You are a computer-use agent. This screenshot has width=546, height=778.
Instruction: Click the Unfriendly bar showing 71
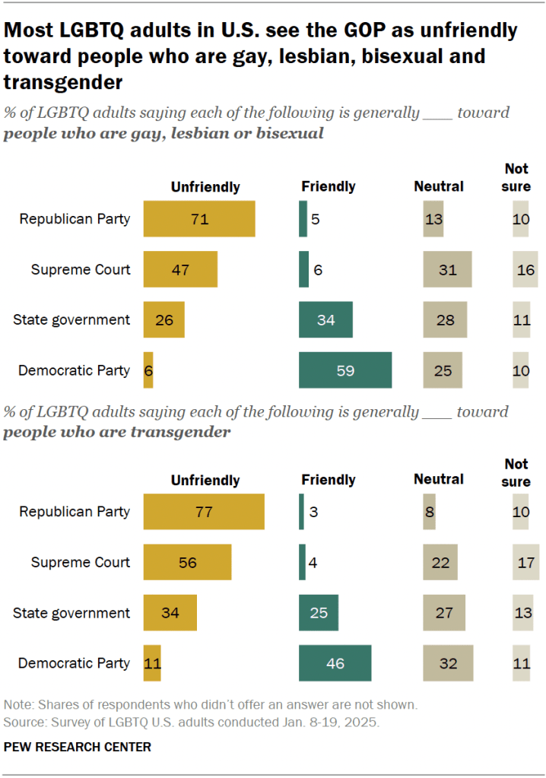(198, 219)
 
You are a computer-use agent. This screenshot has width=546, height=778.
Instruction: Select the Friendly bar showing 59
(345, 370)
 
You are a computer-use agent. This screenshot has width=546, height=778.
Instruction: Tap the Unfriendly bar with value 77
(203, 512)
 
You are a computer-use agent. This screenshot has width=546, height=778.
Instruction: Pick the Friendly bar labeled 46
(335, 663)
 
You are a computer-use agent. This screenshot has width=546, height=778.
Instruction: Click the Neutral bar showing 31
(447, 269)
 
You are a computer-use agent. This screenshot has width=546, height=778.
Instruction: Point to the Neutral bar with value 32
(448, 663)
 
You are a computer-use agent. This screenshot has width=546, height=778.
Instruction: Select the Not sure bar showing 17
(525, 563)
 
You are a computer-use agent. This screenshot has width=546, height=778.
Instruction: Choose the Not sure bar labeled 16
(525, 269)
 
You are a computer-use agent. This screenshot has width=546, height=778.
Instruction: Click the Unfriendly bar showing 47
(180, 269)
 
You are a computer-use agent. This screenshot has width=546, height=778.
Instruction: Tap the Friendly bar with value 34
(325, 319)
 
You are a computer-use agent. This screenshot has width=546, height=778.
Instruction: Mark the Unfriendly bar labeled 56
(187, 563)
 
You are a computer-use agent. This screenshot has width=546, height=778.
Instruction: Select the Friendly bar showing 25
(319, 613)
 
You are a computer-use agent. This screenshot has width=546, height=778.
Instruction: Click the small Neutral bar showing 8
(429, 512)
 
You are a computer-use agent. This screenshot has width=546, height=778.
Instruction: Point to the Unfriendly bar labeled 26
(163, 319)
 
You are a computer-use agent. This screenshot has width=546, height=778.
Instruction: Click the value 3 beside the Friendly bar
(313, 512)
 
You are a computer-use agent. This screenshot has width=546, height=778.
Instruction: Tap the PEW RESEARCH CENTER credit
(78, 747)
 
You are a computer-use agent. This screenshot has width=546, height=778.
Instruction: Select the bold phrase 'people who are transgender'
(117, 432)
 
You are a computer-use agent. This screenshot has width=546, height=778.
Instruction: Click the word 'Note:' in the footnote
(19, 704)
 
